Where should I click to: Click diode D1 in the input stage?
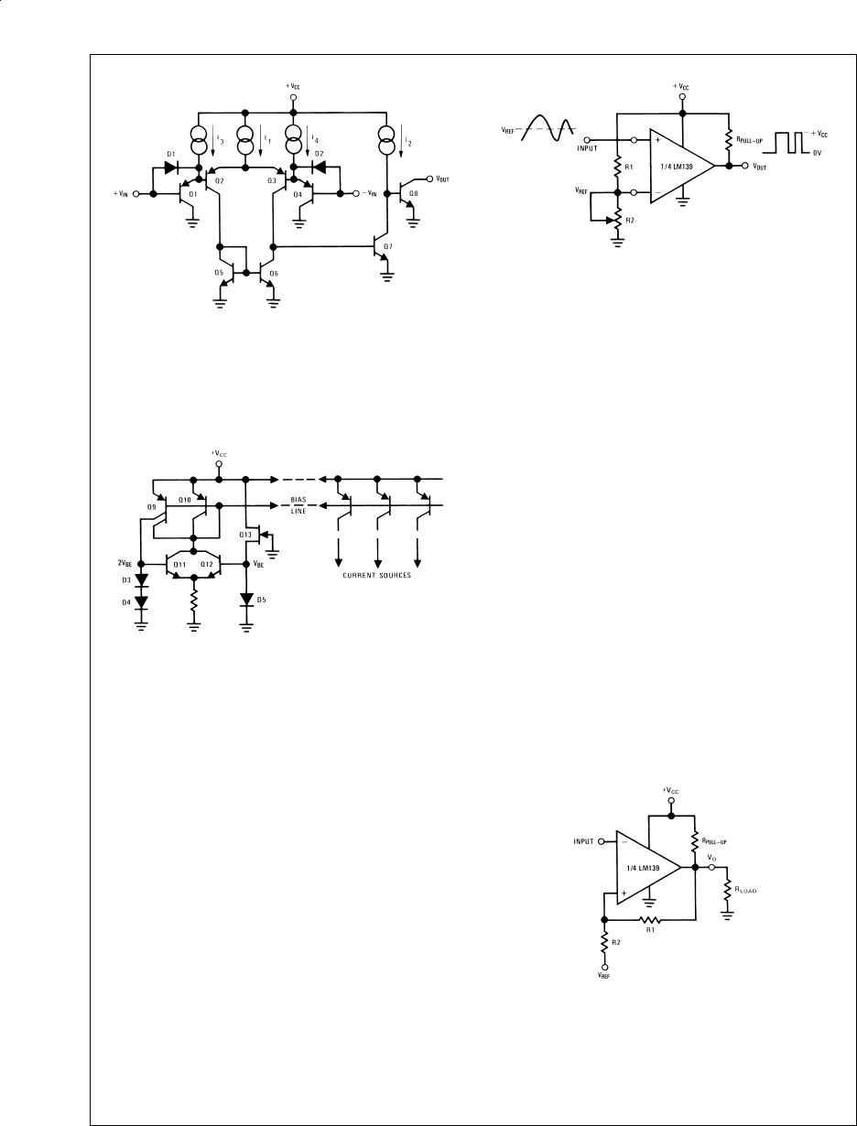(x=170, y=168)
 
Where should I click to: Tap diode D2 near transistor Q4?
(x=320, y=168)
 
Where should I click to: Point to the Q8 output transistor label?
(x=414, y=193)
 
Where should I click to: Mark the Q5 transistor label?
(x=220, y=273)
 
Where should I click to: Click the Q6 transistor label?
(x=274, y=273)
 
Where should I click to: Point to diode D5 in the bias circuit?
(x=246, y=600)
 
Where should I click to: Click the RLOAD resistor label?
(x=745, y=889)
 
